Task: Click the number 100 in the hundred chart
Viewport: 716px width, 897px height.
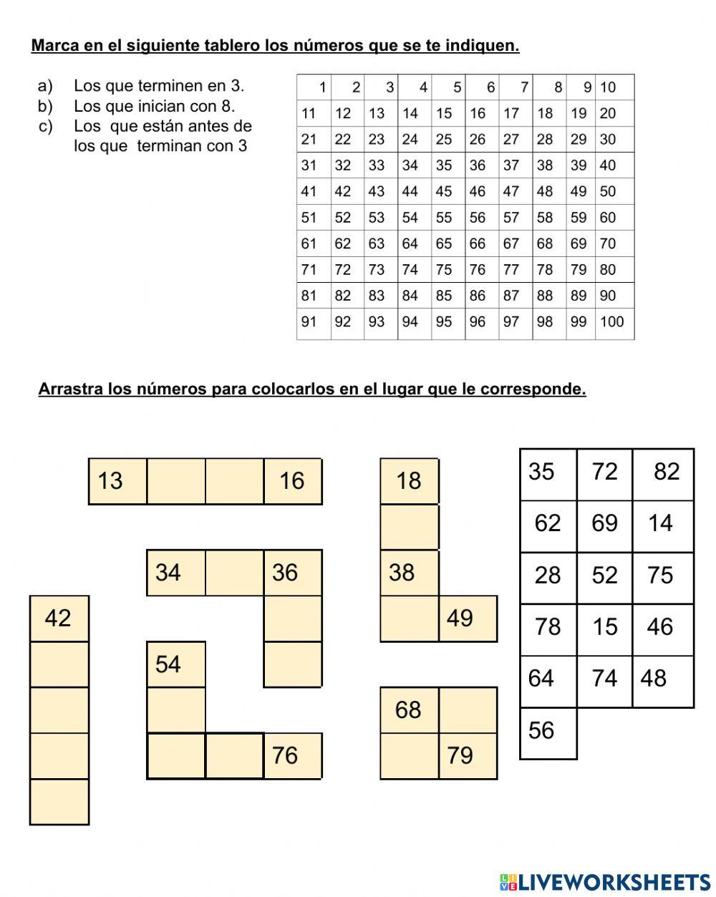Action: coord(612,322)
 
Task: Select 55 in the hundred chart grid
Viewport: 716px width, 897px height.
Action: coord(444,218)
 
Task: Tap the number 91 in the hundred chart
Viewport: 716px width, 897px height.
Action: coord(309,322)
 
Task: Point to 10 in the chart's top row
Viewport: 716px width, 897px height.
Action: coord(608,87)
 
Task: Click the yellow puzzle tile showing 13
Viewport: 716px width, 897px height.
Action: coord(117,481)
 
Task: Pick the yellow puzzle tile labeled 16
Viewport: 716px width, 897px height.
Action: coord(292,481)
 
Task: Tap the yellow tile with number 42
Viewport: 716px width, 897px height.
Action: coord(59,618)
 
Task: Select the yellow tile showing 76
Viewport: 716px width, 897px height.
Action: coord(292,755)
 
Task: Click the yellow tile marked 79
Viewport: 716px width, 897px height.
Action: coord(467,755)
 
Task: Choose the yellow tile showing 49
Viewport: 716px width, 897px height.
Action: coord(467,618)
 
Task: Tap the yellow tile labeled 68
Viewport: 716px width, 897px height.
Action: coord(409,709)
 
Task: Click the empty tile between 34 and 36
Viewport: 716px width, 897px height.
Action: coord(234,573)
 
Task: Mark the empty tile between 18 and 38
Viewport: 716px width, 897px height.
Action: coord(409,527)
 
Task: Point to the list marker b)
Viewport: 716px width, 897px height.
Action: coord(45,107)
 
